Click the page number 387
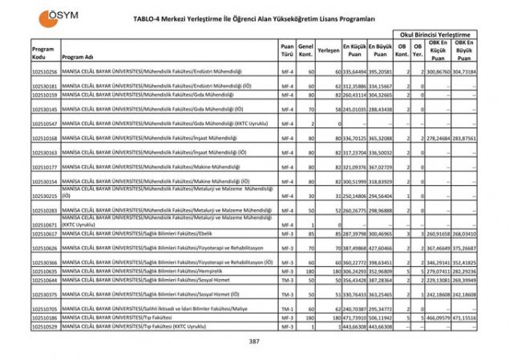click(x=254, y=342)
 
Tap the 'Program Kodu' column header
click(x=43, y=53)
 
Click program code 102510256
click(x=45, y=72)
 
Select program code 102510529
click(x=45, y=327)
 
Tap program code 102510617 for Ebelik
click(x=45, y=234)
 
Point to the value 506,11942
click(x=379, y=318)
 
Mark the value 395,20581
click(x=379, y=72)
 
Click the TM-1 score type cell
click(x=287, y=309)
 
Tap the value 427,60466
click(x=379, y=249)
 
